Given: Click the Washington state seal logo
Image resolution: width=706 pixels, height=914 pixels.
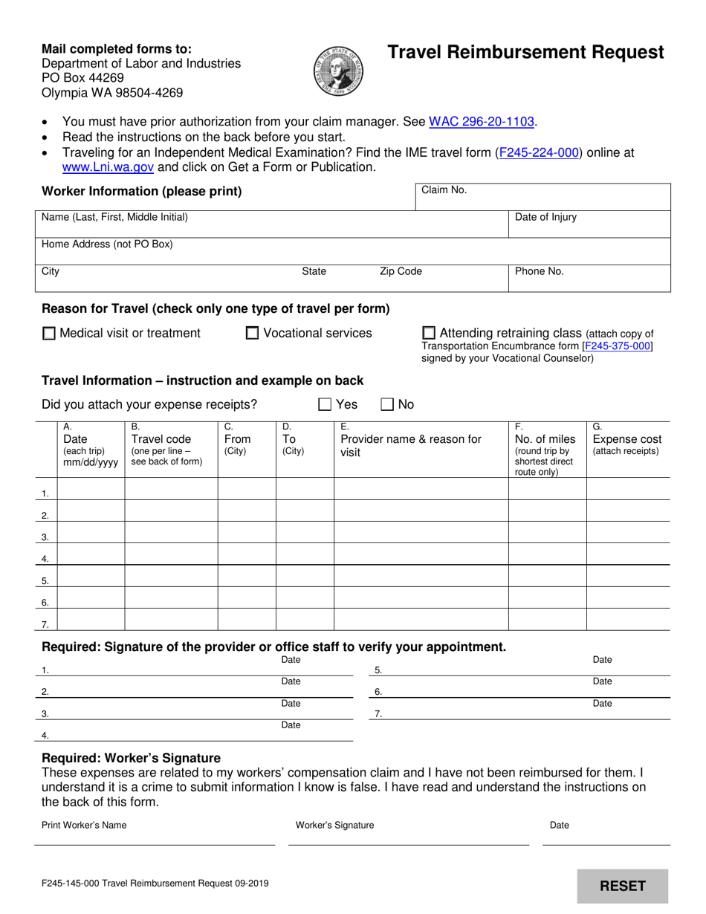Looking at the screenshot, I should point(338,70).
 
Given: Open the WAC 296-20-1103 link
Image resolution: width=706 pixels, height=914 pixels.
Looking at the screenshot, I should point(482,122).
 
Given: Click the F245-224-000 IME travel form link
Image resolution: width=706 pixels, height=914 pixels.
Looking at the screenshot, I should point(538,152).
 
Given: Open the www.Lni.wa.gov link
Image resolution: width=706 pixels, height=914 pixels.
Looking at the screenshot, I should point(108,167).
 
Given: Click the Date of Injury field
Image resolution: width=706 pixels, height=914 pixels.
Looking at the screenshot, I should point(589,225).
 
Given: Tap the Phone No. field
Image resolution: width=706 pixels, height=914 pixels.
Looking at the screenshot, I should point(589,279).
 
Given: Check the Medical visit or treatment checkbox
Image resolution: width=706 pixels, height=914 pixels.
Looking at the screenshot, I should point(49,334).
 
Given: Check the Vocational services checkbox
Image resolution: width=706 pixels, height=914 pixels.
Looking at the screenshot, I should point(253,334).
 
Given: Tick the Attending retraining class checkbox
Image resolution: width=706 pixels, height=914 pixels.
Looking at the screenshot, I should point(429,333).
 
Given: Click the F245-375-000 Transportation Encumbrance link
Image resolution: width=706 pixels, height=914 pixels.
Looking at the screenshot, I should point(618,346).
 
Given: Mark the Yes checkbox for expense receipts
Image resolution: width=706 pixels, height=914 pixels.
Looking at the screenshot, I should point(325,405).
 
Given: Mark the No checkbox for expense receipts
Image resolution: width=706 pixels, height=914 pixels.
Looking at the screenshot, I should point(387,405).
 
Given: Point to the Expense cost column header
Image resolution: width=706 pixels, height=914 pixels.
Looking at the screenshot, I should point(626,439).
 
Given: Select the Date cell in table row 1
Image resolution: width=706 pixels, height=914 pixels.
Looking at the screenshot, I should point(91,489).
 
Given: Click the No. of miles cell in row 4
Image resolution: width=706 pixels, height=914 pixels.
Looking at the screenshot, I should point(547,554).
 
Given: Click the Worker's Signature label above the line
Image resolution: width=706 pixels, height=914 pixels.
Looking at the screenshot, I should point(334,825).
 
